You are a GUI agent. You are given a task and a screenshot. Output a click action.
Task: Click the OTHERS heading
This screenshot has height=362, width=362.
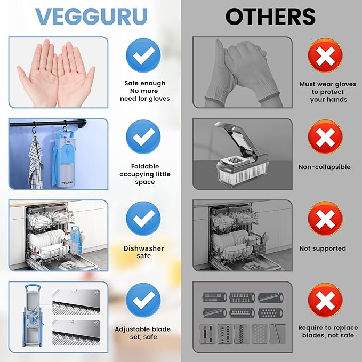pos(270,17)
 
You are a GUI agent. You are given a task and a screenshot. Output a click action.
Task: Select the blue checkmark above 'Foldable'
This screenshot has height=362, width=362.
pos(143,136)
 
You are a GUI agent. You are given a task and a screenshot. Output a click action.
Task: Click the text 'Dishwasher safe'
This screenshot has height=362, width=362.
pos(144,252)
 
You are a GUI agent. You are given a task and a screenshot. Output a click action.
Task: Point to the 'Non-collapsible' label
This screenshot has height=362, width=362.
pos(324,167)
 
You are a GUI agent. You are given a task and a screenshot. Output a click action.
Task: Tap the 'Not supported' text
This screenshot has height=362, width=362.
pos(323,248)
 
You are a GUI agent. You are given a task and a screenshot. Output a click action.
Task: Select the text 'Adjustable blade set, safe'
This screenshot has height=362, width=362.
pos(143,333)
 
